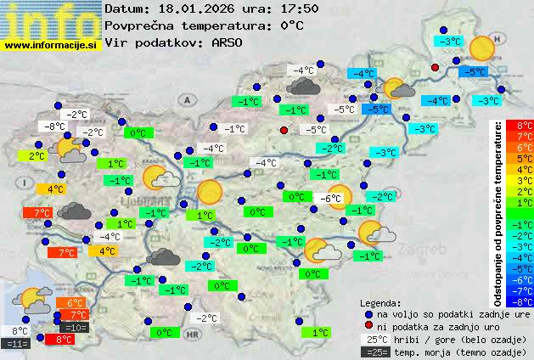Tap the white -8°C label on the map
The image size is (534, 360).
click(56, 127)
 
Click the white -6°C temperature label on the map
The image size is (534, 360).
click(330, 198)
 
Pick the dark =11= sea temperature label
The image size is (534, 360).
click(17, 344)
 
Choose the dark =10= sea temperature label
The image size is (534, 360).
click(75, 327)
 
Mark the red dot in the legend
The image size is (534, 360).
click(368, 326)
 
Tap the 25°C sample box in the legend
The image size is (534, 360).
click(376, 339)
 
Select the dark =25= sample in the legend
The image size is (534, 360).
click(376, 352)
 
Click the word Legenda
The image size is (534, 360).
click(381, 302)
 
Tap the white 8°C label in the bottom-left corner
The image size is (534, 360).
click(20, 331)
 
